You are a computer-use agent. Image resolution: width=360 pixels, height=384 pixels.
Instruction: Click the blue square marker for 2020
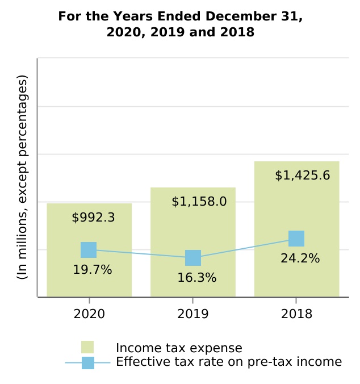(89, 250)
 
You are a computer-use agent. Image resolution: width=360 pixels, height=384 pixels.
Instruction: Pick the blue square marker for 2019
(193, 258)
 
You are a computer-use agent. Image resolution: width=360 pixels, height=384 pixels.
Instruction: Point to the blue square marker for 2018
(296, 239)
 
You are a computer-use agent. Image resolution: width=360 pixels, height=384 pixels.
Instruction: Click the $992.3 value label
(94, 218)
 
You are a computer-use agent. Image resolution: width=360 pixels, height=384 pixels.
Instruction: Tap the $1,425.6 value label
(302, 175)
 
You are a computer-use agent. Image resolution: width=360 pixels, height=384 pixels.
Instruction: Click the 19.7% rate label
(93, 270)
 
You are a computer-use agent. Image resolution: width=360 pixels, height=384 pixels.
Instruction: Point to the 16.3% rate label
(196, 278)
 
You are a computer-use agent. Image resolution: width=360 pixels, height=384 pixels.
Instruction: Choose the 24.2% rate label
(300, 258)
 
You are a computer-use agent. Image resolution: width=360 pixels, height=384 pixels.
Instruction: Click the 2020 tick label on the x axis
(89, 314)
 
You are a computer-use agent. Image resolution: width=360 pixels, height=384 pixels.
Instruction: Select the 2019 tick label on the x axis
(193, 314)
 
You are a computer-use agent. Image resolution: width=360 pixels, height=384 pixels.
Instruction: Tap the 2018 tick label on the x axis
(296, 314)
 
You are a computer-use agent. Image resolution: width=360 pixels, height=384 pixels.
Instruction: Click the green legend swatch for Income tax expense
(87, 348)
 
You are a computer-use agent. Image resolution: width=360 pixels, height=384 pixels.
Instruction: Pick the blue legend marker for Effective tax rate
(88, 362)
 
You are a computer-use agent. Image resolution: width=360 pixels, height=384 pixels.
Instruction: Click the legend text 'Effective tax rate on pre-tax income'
(229, 362)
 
